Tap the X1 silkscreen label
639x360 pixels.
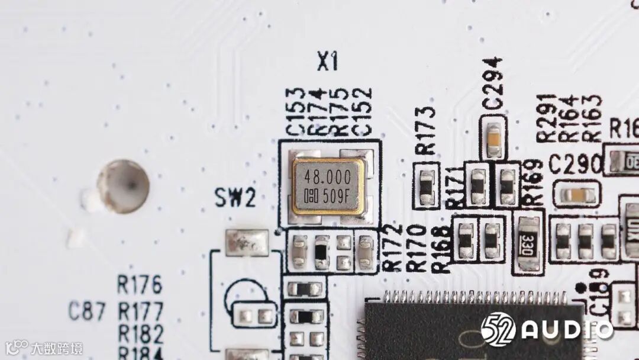click(327, 61)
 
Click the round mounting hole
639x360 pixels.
click(123, 186)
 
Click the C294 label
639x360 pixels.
click(492, 83)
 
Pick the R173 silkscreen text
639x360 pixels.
click(426, 130)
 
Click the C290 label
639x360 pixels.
click(575, 165)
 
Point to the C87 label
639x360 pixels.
click(87, 311)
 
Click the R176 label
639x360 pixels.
click(139, 285)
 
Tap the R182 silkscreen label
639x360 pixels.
click(140, 334)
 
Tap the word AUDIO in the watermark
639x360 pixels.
click(566, 329)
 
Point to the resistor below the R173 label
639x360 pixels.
click(426, 185)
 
